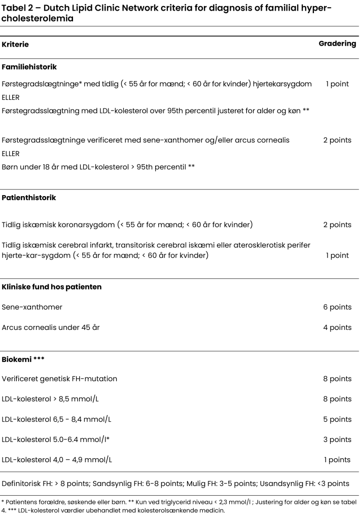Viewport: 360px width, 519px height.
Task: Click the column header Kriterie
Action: click(x=15, y=45)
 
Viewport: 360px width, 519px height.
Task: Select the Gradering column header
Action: click(x=337, y=44)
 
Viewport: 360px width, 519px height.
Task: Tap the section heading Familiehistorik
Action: click(x=29, y=66)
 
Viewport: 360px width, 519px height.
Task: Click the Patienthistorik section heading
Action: click(x=29, y=198)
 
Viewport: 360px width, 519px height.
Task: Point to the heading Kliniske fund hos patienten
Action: click(x=52, y=287)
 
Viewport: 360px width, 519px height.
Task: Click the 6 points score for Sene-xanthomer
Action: click(x=337, y=307)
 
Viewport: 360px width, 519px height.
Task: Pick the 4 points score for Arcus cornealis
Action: click(x=337, y=327)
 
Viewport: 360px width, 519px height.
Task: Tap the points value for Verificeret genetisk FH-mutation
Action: click(x=337, y=379)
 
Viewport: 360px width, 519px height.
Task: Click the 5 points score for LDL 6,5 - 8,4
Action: click(x=337, y=419)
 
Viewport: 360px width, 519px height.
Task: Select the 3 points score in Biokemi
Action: click(x=337, y=439)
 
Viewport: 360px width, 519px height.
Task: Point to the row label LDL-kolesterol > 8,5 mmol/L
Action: click(x=50, y=399)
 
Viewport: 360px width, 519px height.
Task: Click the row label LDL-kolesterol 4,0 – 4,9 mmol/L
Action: click(x=57, y=460)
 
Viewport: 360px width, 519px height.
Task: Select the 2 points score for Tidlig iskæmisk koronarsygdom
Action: click(x=337, y=225)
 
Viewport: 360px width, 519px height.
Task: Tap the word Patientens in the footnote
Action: click(x=18, y=502)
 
